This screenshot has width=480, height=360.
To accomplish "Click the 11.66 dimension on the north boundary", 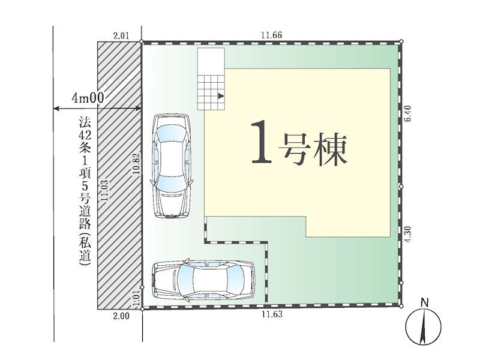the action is click(271, 35).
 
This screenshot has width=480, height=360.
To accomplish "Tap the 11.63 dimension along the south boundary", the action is click(272, 314).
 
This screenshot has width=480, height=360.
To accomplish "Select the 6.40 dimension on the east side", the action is click(407, 113).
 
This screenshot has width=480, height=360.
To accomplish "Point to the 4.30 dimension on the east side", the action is click(407, 235).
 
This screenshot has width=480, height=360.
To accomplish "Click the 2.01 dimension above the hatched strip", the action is click(121, 35).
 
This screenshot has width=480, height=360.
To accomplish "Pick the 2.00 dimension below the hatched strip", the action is click(121, 316).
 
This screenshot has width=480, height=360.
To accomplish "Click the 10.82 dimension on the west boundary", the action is click(136, 163).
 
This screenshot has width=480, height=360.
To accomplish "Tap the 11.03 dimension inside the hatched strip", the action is click(104, 190).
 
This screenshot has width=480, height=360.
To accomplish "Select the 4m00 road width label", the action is click(88, 98).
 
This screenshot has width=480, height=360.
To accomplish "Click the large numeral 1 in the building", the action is click(261, 142).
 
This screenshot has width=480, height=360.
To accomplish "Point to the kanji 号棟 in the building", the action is click(313, 149).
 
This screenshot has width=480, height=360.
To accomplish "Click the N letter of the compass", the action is click(424, 303).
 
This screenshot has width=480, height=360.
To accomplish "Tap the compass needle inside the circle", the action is click(424, 326).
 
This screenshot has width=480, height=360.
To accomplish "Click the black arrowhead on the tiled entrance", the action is click(221, 96).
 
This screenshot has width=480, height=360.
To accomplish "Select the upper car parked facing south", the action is click(172, 166).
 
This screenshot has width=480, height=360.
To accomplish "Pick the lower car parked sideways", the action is click(203, 279).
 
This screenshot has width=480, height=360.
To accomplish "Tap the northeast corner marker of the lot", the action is click(401, 41).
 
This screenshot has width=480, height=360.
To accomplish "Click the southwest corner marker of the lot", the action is click(142, 309).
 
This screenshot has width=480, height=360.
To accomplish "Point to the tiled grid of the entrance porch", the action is click(211, 92).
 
